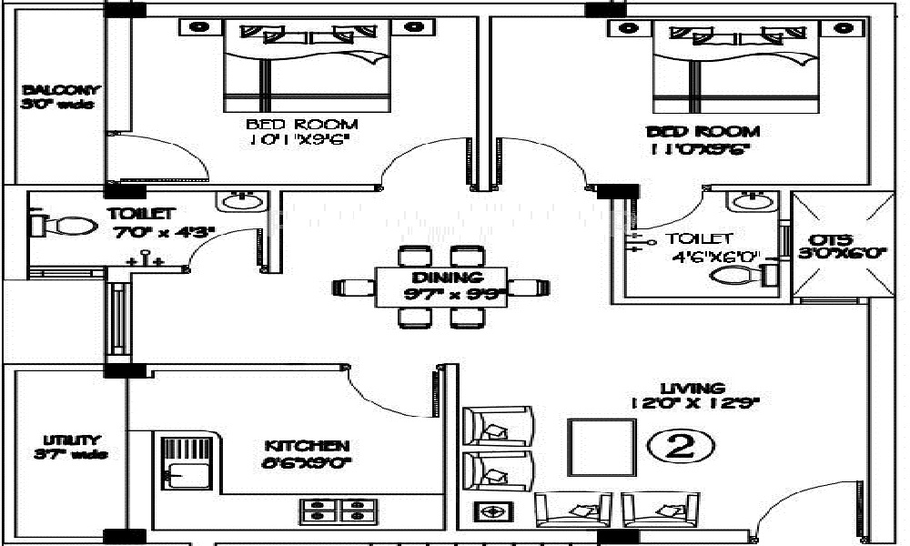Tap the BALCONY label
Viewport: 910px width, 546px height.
60,90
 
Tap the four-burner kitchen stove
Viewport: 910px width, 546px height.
333,510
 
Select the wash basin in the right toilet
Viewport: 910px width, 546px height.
752,202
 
